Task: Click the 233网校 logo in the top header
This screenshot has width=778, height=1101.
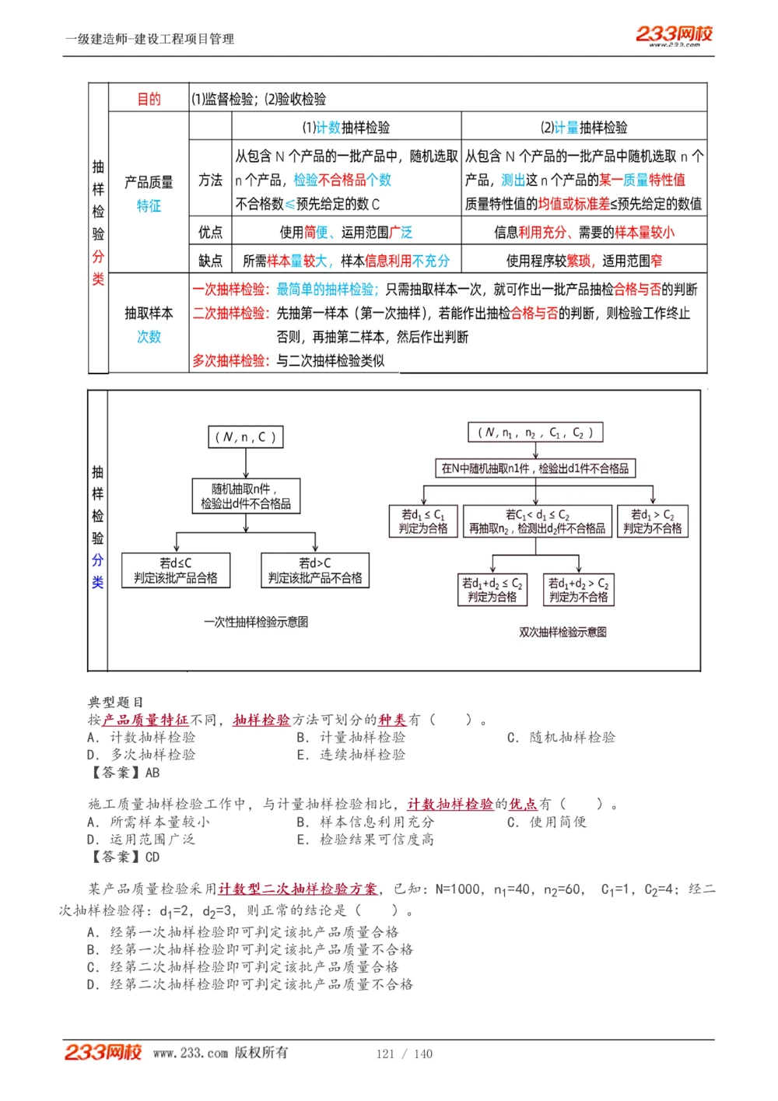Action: pos(674,35)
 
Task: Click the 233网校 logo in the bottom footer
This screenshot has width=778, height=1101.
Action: pos(103,1053)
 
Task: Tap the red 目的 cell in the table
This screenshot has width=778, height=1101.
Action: pos(149,99)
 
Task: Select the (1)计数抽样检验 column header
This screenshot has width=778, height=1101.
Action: pos(346,128)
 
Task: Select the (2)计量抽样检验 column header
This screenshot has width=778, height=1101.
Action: pos(583,128)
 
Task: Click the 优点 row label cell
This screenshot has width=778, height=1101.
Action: pos(210,232)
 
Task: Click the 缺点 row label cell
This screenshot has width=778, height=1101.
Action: pos(210,261)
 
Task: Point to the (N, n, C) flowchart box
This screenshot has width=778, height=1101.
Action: pos(245,437)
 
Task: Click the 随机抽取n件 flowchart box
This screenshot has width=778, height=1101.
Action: pos(245,496)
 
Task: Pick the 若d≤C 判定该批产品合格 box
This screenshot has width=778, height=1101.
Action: pos(176,570)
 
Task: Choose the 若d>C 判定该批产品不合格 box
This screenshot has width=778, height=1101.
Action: pos(315,570)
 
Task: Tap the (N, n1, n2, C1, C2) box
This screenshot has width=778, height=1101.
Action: pos(535,433)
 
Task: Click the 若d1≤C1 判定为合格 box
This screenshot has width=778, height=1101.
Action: pos(423,521)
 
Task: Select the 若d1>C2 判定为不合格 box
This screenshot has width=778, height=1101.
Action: pos(652,521)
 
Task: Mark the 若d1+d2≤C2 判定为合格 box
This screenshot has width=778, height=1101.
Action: pos(492,590)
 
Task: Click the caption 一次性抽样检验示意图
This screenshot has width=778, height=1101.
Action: pos(256,622)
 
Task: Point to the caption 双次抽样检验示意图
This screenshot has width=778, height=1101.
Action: pos(562,633)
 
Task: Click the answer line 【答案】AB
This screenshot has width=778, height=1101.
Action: pos(124,773)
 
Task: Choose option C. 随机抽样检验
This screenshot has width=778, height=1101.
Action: pos(561,738)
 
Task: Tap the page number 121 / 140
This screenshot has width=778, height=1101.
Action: pos(404,1054)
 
